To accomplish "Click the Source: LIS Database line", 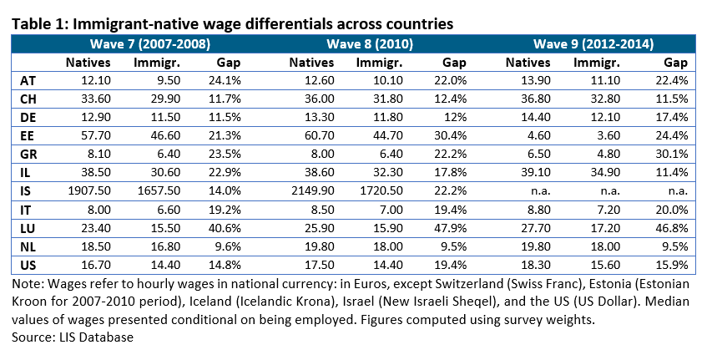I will tap(68, 337).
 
